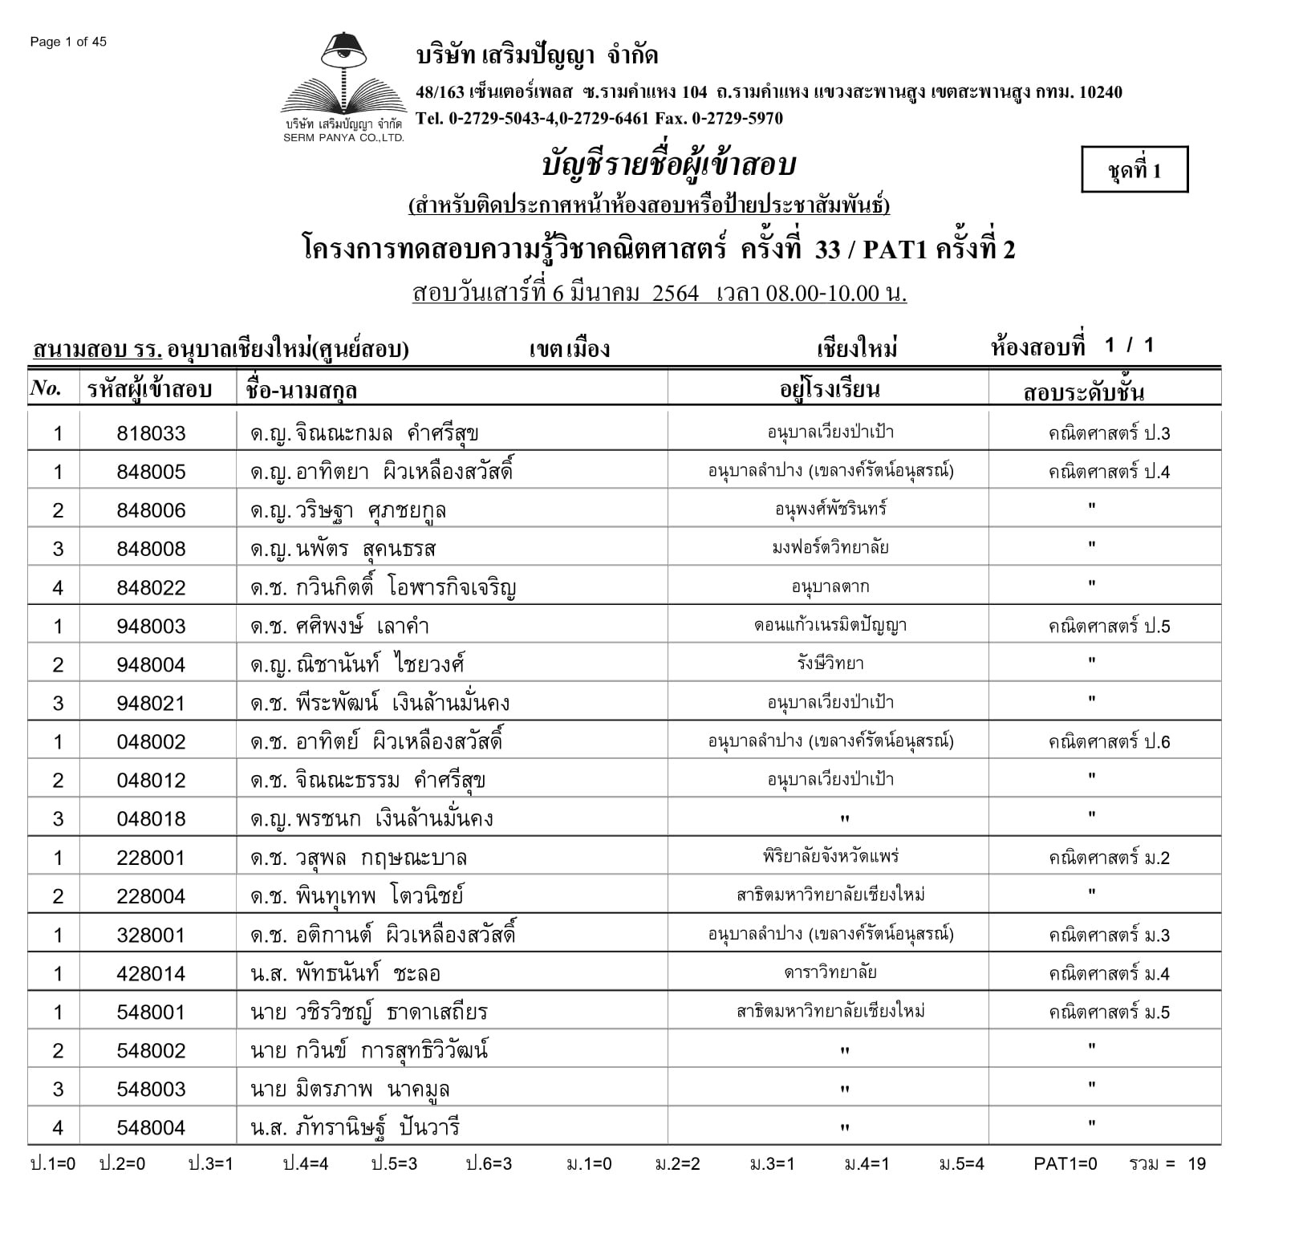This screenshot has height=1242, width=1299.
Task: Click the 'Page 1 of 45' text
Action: [x=68, y=42]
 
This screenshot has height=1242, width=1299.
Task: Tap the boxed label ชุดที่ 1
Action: [x=1134, y=170]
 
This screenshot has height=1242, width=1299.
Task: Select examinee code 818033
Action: [x=151, y=434]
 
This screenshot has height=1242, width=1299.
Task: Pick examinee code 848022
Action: [x=151, y=588]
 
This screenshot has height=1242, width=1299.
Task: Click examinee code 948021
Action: [x=151, y=704]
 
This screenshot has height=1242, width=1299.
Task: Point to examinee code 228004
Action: [x=151, y=896]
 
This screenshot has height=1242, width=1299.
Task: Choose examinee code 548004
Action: [x=151, y=1128]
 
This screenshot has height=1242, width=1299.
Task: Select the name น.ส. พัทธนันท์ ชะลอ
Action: [x=345, y=974]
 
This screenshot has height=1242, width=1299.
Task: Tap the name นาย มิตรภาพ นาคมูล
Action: [x=350, y=1090]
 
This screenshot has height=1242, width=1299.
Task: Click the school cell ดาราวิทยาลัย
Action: [x=830, y=973]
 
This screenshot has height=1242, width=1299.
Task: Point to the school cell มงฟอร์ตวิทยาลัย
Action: [x=830, y=548]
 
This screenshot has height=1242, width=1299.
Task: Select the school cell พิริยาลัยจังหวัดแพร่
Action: [x=830, y=857]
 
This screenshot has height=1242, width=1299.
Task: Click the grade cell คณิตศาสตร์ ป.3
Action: [x=1109, y=434]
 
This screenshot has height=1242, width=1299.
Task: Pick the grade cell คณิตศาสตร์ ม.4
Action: [x=1109, y=974]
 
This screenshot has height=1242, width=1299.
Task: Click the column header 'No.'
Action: [x=46, y=389]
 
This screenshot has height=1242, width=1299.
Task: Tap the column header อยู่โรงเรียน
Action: [x=830, y=390]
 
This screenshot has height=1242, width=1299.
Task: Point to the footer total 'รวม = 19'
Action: [x=1167, y=1164]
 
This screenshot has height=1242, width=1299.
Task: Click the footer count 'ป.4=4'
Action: [x=305, y=1164]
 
